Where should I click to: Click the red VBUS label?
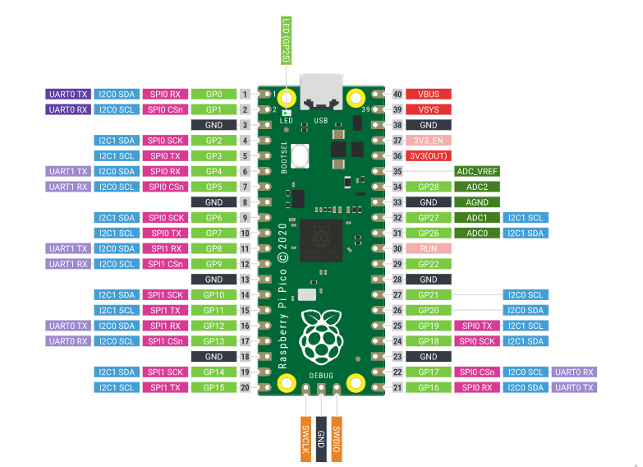click(428, 94)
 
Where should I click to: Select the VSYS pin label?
click(428, 109)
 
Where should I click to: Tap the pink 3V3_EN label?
click(428, 141)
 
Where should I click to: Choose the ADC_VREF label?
click(477, 171)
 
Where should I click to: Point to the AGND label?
click(477, 202)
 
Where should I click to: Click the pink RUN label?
click(428, 248)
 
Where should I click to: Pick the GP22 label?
click(428, 264)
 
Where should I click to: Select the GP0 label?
click(214, 94)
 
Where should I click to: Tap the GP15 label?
click(214, 387)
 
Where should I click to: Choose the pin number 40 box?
click(397, 94)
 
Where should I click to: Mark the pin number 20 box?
click(245, 387)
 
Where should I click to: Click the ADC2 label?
click(477, 187)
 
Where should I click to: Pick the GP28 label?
click(428, 187)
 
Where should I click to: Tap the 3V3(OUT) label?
click(428, 155)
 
